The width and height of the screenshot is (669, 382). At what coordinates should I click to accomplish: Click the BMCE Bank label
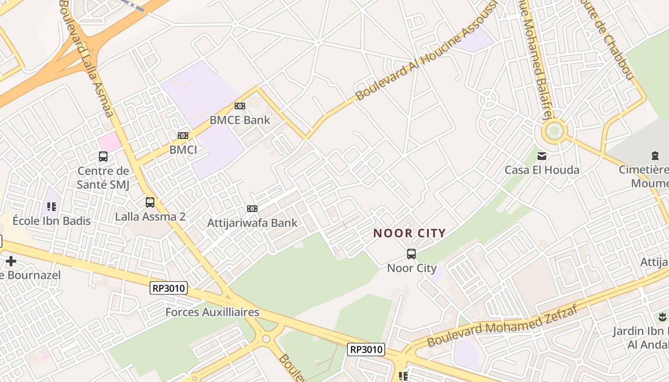click(240, 120)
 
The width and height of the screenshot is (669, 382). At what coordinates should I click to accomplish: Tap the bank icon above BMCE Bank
click(240, 106)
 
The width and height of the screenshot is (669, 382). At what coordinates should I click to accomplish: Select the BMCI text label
click(183, 150)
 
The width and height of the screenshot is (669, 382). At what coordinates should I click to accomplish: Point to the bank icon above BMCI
click(183, 136)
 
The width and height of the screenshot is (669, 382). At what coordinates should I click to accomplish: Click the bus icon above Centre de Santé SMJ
click(103, 156)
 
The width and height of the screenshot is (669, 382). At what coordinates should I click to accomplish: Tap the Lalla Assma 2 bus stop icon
click(150, 202)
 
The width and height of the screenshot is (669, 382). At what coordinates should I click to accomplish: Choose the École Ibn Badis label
click(52, 221)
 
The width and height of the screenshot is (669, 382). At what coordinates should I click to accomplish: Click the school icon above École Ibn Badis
click(52, 207)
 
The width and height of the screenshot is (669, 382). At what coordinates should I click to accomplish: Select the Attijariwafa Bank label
click(252, 223)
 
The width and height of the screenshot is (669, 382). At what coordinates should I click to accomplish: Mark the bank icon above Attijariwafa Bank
click(252, 209)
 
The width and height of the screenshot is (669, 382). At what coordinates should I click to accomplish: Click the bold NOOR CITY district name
click(410, 233)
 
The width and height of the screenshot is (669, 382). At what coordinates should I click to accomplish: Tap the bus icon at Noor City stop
click(411, 254)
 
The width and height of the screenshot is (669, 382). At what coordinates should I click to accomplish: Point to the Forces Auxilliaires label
click(212, 312)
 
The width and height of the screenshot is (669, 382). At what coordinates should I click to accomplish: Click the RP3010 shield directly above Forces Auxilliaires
click(169, 288)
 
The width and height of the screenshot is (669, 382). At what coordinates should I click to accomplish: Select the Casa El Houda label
click(542, 170)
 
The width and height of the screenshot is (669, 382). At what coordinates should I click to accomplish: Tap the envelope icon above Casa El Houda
click(542, 156)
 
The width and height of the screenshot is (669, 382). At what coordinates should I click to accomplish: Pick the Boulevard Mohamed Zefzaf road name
click(502, 326)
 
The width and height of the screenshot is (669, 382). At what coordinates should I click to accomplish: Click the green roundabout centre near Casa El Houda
click(554, 131)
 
